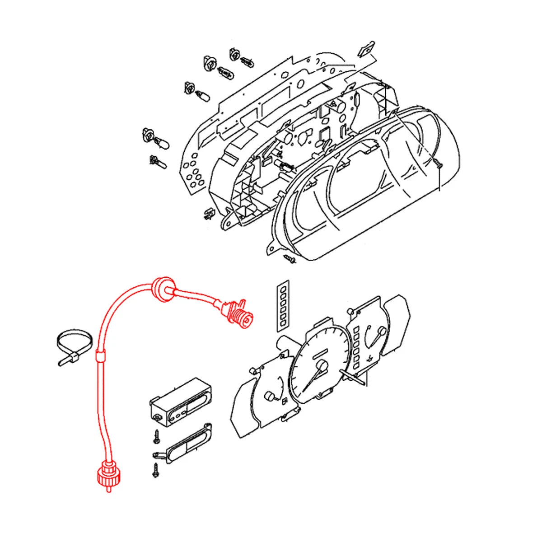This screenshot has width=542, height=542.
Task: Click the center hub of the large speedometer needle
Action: point(322,366)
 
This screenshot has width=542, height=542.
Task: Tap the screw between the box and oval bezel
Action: point(156,435)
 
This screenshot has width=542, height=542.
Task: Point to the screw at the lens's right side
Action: point(438,164)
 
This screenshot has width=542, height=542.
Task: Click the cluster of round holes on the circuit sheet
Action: point(193,174)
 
